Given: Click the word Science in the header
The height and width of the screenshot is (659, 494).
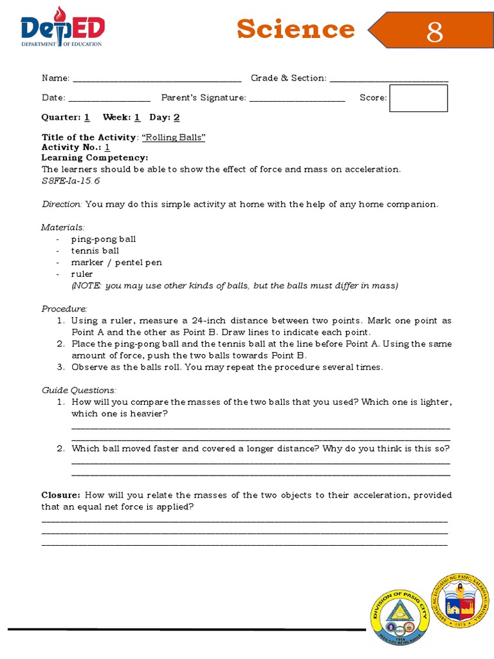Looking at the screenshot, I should (x=295, y=29).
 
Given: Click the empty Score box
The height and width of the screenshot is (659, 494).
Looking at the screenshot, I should (x=418, y=98).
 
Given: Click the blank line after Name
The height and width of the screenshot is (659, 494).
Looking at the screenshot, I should (x=157, y=79).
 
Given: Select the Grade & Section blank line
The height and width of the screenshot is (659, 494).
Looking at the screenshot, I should (x=389, y=79).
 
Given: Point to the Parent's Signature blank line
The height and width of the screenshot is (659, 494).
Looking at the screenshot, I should (x=297, y=98).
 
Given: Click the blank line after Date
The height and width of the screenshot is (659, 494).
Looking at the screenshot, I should (x=109, y=98).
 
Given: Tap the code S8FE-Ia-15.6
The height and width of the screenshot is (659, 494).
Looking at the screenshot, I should (x=71, y=181).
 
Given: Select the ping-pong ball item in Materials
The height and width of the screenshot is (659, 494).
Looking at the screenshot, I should (x=103, y=239).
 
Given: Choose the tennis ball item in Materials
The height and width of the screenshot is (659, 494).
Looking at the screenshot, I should (x=95, y=250).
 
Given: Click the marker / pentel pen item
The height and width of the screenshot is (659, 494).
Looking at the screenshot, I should (x=116, y=262).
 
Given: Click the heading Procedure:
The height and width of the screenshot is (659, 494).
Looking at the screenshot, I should (x=64, y=308).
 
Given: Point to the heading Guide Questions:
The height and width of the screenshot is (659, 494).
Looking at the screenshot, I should (x=79, y=390).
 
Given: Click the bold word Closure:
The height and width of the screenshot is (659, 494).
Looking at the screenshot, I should (x=61, y=495).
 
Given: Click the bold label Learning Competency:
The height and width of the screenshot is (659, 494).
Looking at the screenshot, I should (x=95, y=158).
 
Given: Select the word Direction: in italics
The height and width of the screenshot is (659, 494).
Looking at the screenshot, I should (x=62, y=204).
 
